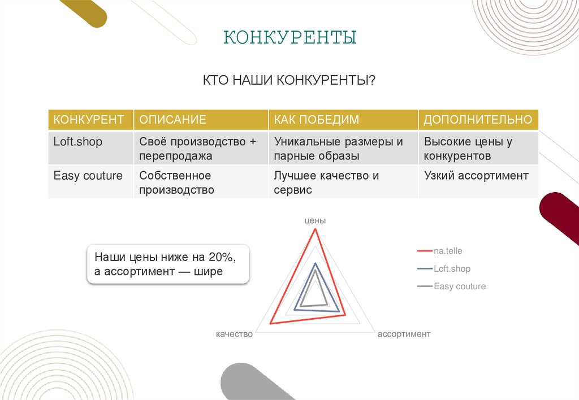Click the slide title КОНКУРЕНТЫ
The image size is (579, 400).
(290, 37)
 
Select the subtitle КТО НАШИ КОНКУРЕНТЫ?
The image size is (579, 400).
(289, 81)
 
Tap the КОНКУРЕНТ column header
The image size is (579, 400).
(89, 120)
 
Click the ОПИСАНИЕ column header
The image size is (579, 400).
(172, 120)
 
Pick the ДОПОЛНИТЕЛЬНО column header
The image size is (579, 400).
(478, 120)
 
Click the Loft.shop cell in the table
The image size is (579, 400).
(78, 142)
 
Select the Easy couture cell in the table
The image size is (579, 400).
(88, 176)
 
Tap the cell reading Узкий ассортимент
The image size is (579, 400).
(476, 176)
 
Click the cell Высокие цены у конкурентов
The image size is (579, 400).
(468, 149)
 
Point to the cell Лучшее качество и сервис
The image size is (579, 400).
(326, 182)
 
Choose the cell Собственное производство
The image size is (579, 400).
(176, 182)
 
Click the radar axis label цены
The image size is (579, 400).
(315, 220)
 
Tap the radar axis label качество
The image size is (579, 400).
(234, 334)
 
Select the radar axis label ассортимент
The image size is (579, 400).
(404, 334)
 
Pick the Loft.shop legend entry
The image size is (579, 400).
(452, 269)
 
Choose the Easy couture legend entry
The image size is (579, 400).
(459, 286)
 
